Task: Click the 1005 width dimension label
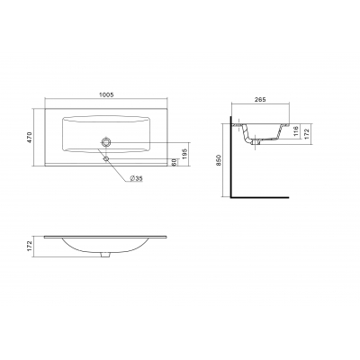(106, 94)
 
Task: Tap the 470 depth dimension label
(30, 137)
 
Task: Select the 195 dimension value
(184, 153)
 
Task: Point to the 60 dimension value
(174, 162)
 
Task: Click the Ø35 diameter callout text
(136, 178)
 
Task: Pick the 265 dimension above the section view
(260, 100)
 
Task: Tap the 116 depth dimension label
(295, 130)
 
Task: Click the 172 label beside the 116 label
(307, 130)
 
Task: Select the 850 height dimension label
(219, 160)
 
